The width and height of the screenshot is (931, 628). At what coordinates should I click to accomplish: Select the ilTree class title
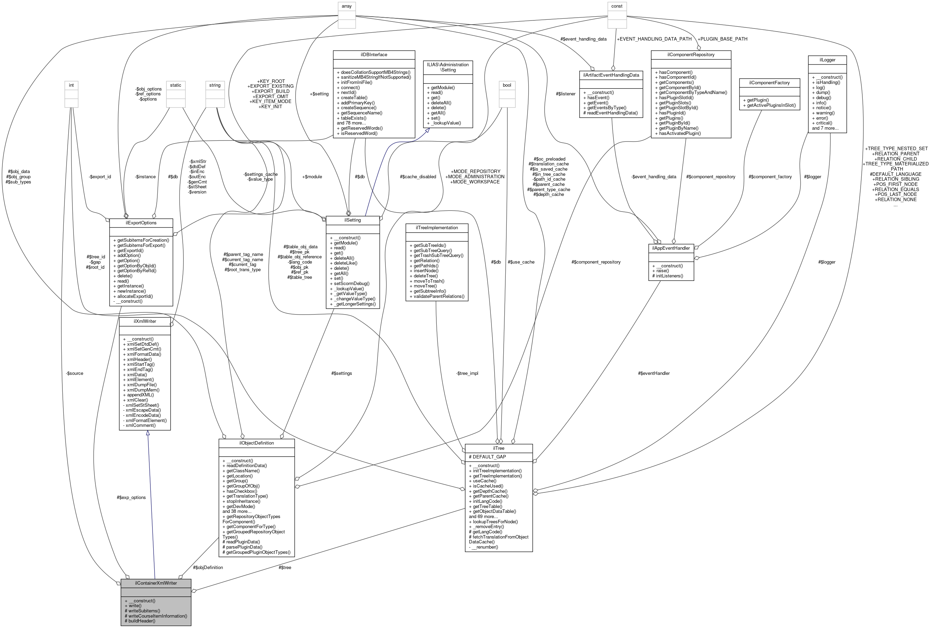pos(498,448)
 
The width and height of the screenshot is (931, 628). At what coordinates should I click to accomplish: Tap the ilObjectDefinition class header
pos(256,443)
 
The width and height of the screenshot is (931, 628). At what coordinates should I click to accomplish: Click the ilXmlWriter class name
pos(145,321)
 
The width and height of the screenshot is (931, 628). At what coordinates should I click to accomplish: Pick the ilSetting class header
pos(352,220)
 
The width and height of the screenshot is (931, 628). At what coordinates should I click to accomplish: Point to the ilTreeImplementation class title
pos(437,227)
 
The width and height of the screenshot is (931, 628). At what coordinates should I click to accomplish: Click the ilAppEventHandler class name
pos(671,248)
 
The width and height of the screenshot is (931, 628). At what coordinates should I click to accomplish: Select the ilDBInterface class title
pos(373,54)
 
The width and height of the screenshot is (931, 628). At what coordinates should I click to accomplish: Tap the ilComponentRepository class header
pos(691,54)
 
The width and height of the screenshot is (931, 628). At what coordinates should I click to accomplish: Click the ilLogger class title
pos(827,60)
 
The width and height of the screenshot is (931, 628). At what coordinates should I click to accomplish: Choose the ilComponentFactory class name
pos(769,83)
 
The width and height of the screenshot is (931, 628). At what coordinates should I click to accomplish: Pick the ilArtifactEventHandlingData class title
pos(611,75)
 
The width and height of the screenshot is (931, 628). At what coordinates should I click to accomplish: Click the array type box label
pos(347,6)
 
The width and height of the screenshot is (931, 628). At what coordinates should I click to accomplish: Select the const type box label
pos(617,6)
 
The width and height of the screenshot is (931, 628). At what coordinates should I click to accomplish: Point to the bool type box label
pos(507,85)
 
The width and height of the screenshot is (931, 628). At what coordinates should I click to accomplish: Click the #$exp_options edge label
pos(131,497)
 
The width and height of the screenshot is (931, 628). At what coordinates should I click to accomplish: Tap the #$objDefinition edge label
pos(208,568)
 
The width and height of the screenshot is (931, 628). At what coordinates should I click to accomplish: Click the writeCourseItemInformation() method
pos(156,616)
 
